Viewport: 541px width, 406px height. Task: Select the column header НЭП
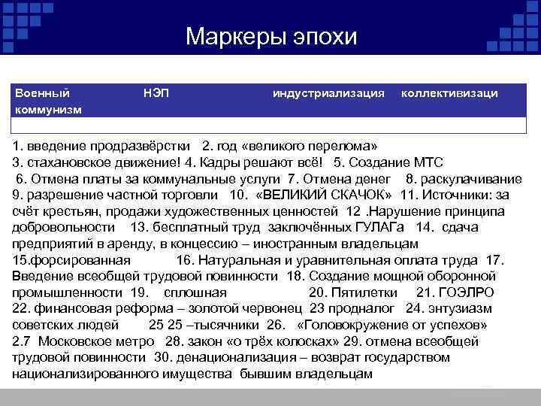(x=156, y=93)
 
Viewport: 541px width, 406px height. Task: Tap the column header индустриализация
(x=329, y=93)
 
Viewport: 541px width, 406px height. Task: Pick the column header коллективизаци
(x=449, y=93)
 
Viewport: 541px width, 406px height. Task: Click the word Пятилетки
(x=366, y=292)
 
